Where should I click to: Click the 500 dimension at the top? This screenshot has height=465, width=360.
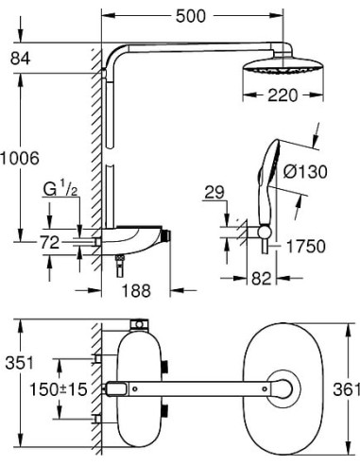(x=191, y=16)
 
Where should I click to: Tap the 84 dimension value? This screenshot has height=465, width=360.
(x=20, y=59)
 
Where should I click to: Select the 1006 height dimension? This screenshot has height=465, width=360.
(x=20, y=158)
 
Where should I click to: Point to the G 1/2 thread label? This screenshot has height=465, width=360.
(x=60, y=190)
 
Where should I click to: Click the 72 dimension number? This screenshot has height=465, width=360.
(x=50, y=243)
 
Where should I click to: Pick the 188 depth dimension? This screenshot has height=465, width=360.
(x=136, y=290)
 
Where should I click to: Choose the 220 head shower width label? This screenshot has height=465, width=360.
(x=283, y=95)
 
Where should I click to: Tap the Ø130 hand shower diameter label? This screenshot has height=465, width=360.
(x=305, y=172)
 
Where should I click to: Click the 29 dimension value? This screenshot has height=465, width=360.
(x=214, y=192)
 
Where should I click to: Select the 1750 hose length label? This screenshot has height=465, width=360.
(x=305, y=247)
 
